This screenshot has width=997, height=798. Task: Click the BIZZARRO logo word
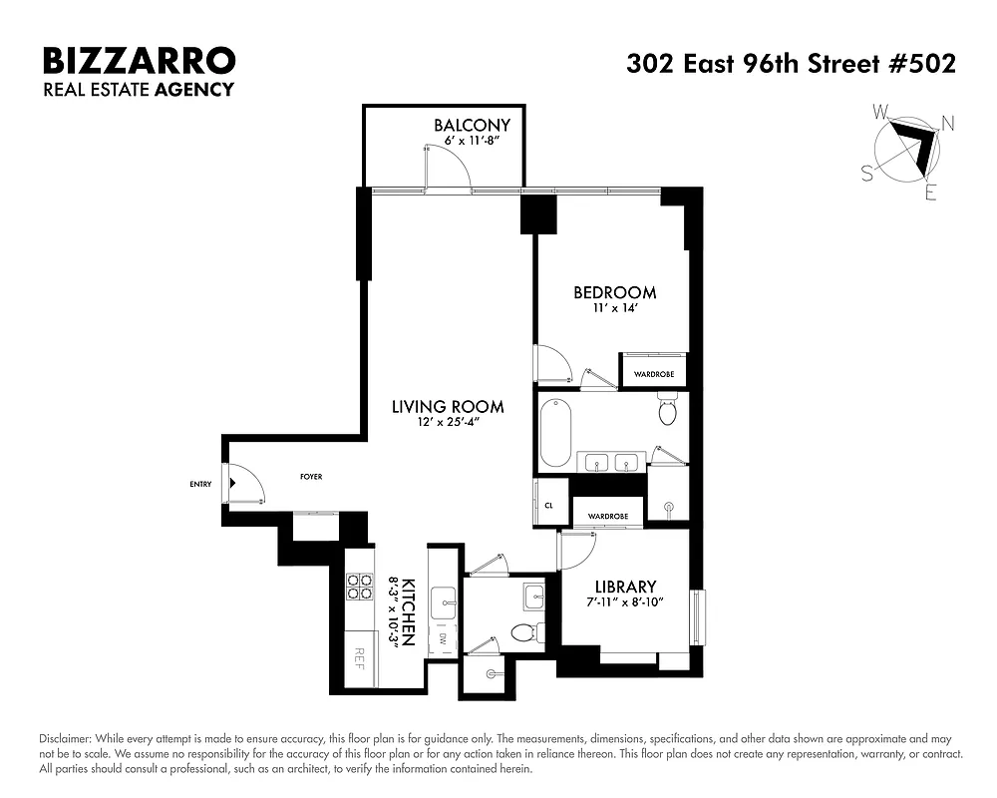[139, 61]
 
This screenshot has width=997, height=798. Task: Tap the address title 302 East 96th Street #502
[791, 64]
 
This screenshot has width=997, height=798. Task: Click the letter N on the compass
[948, 124]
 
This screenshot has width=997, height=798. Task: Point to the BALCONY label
[472, 126]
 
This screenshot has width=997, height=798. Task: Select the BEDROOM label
[614, 292]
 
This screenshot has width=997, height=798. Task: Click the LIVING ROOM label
[447, 407]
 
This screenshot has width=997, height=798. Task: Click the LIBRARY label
[625, 587]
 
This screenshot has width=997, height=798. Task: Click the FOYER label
[311, 477]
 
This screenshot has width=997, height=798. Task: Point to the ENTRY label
[200, 485]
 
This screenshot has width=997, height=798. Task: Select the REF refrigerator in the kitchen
[361, 659]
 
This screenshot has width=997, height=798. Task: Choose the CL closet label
[548, 506]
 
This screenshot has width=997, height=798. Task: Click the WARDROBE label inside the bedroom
[654, 374]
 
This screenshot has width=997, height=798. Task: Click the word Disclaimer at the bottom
[65, 738]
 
